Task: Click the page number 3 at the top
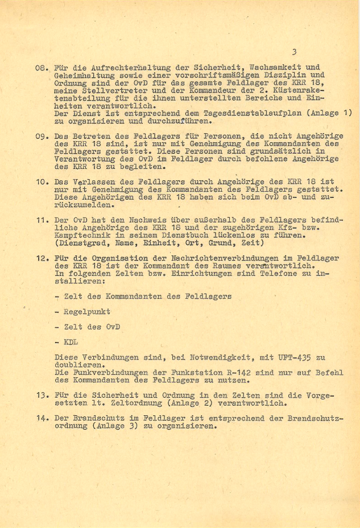(294, 52)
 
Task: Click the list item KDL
(71, 342)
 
